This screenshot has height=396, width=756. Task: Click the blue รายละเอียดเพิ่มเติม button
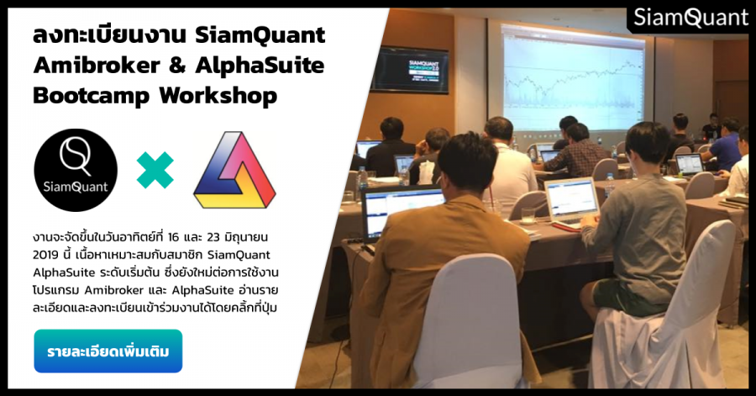click(x=108, y=351)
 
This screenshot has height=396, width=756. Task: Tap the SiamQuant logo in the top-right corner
click(x=690, y=16)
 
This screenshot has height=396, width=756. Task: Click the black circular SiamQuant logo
click(x=76, y=170)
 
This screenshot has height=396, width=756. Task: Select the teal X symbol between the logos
click(x=155, y=170)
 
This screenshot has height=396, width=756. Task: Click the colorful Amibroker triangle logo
click(x=234, y=170)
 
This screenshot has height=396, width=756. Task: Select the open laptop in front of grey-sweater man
click(x=572, y=200)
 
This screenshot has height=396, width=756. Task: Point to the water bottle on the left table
click(x=362, y=181)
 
